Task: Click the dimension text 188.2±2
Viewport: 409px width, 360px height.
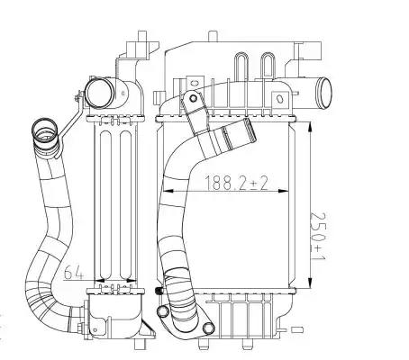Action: [x=236, y=183]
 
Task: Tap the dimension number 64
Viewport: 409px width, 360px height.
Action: [x=73, y=272]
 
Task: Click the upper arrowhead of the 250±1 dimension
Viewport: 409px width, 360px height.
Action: [x=310, y=128]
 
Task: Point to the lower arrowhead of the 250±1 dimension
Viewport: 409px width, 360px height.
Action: [x=310, y=283]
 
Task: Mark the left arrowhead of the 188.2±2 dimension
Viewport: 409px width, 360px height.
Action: [x=168, y=191]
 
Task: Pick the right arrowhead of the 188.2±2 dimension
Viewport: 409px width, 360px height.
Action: [x=283, y=191]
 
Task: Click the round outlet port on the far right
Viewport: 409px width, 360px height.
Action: [x=325, y=93]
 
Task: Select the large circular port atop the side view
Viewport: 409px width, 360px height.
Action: [x=99, y=94]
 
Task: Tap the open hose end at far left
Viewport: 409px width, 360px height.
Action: [x=44, y=130]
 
